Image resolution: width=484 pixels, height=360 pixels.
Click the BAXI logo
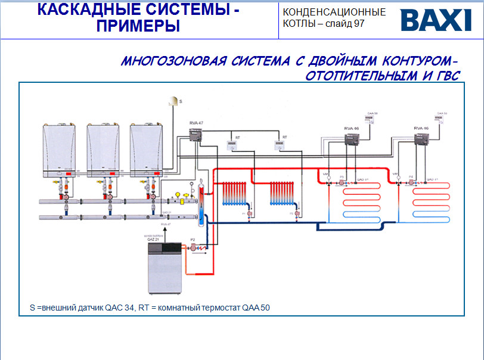(x=436, y=20)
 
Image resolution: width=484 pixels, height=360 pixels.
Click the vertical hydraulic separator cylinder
(x=201, y=206)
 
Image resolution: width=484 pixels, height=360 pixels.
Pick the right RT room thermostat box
(x=280, y=144)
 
